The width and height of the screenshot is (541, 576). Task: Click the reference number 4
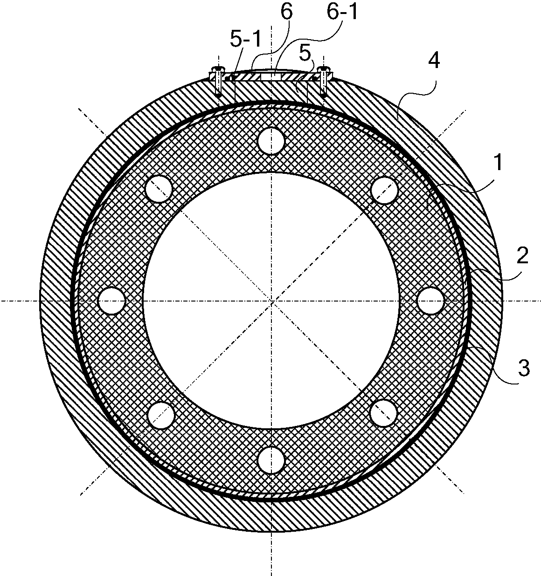coord(433,61)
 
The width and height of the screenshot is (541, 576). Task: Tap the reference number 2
coord(522,255)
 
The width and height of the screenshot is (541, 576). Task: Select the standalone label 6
coord(286,11)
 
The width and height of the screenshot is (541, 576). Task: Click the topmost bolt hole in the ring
coord(271,141)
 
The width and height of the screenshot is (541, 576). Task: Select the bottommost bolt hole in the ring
coord(271,460)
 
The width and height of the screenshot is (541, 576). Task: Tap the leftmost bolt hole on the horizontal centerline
coord(112,301)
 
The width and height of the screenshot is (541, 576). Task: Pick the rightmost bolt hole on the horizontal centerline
coord(430,301)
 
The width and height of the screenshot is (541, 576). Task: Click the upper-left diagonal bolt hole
coord(159,189)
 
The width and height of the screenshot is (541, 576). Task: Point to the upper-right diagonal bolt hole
coord(384,190)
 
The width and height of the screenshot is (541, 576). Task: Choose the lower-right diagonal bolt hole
coord(384,413)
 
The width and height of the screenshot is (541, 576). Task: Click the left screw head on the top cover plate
coord(218,69)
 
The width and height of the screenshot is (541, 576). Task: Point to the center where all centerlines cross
coord(271,301)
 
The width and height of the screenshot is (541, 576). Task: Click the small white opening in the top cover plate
coord(271,76)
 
